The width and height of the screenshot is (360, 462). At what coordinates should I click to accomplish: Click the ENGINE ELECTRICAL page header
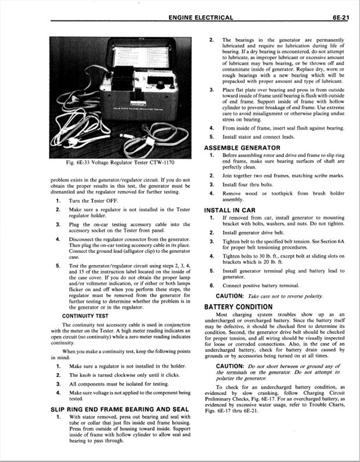point(201,17)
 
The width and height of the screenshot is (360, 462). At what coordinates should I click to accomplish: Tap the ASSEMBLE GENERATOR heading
point(242,148)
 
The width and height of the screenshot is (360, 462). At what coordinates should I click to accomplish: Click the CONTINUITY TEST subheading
point(85,316)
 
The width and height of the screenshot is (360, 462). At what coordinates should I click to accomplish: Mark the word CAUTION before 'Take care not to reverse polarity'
point(229,296)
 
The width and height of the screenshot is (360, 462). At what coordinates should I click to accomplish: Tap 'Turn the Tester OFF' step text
point(95,200)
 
